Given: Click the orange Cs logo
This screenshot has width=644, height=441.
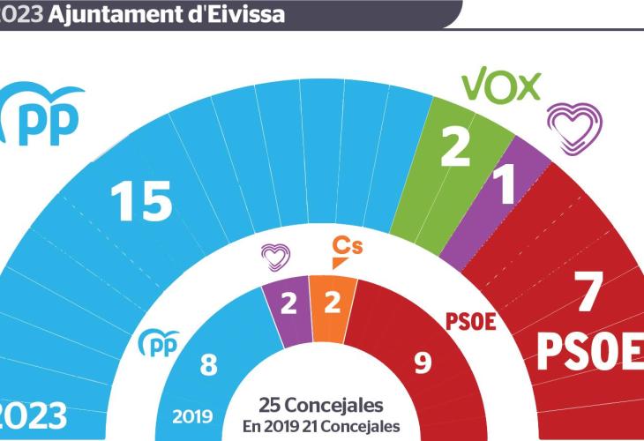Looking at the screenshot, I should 344,252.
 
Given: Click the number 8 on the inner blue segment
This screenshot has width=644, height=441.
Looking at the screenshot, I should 207,363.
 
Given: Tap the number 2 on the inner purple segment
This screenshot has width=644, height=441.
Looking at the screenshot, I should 288,304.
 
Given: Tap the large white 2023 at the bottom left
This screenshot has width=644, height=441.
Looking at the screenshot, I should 34,414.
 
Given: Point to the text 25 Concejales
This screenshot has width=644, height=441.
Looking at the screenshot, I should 321,406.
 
